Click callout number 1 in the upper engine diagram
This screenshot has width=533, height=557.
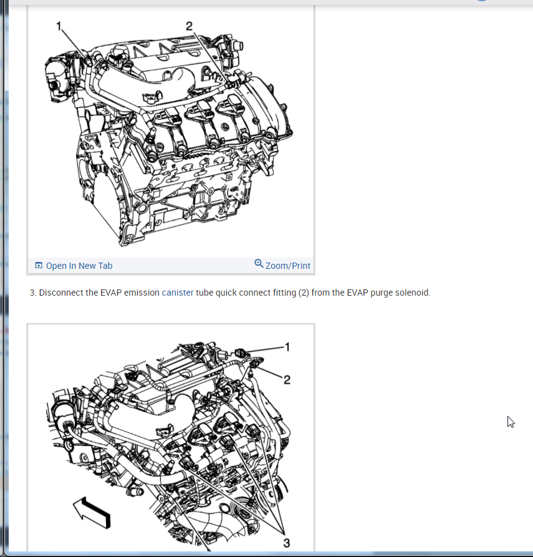(59, 26)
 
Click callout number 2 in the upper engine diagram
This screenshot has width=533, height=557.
(189, 26)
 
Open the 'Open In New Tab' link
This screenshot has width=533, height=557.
(79, 266)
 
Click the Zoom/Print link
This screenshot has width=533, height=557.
(287, 266)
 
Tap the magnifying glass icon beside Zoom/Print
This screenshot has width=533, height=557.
(259, 264)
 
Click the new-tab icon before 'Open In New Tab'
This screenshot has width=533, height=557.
(39, 265)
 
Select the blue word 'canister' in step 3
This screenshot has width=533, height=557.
(178, 293)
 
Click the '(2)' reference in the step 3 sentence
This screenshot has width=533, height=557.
(304, 293)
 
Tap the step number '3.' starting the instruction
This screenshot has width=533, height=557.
(33, 293)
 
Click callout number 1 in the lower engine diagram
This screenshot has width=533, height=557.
(287, 347)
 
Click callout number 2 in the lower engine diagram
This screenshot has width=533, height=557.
(287, 380)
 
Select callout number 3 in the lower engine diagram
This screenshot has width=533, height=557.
(287, 543)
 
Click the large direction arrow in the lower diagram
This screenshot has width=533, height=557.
(92, 512)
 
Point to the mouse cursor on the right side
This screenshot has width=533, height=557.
(511, 422)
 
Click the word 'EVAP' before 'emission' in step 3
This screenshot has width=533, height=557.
(111, 293)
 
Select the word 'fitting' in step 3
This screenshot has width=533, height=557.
(284, 293)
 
